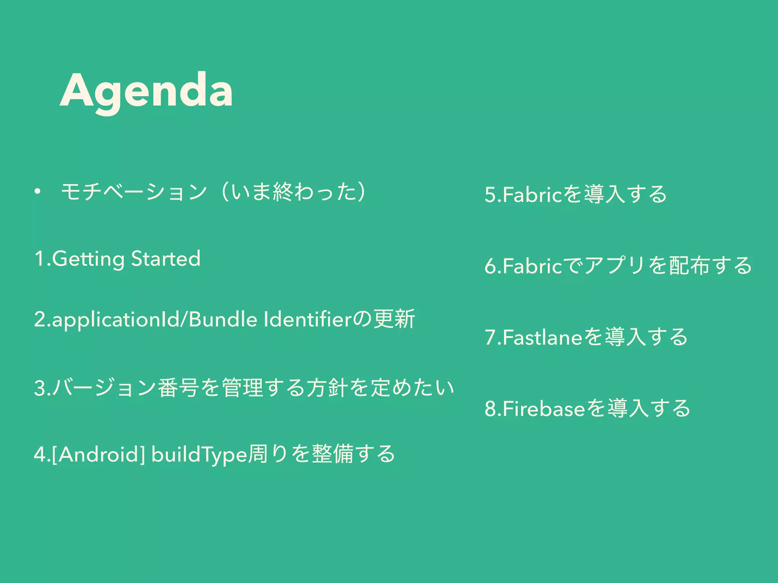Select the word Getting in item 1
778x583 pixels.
tap(88, 259)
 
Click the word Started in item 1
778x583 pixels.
tap(166, 259)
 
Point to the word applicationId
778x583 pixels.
tap(115, 320)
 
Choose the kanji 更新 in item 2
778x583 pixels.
tap(394, 319)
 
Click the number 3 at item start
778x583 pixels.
tap(39, 388)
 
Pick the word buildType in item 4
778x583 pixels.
tap(199, 454)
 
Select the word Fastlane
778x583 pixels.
tap(542, 337)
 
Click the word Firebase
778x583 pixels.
tap(544, 409)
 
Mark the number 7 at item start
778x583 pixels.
tap(490, 337)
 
